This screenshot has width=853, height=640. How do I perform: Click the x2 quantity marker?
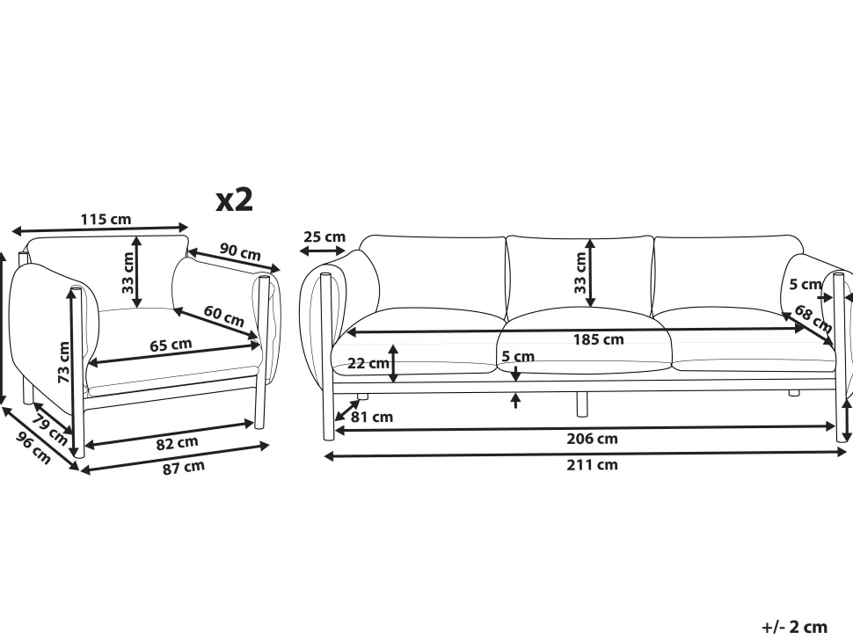tap(235, 200)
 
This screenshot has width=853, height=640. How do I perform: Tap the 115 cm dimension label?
tap(106, 219)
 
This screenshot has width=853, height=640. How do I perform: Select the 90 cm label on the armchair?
tap(240, 252)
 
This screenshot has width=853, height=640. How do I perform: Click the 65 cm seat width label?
tap(171, 345)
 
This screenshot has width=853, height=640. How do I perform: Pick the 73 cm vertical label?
tap(64, 361)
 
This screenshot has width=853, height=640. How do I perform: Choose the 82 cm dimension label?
tap(177, 443)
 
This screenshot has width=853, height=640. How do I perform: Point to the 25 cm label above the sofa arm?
tap(324, 236)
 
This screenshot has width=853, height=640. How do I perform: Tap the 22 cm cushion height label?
tap(368, 363)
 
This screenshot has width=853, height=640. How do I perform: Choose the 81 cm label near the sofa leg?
tap(372, 417)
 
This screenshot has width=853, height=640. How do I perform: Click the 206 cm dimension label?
tap(595, 439)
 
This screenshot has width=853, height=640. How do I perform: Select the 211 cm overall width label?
tap(595, 465)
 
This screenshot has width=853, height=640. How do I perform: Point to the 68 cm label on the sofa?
tap(813, 317)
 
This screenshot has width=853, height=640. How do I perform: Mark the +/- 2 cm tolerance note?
tap(795, 627)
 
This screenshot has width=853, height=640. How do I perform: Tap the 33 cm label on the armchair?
tap(128, 273)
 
